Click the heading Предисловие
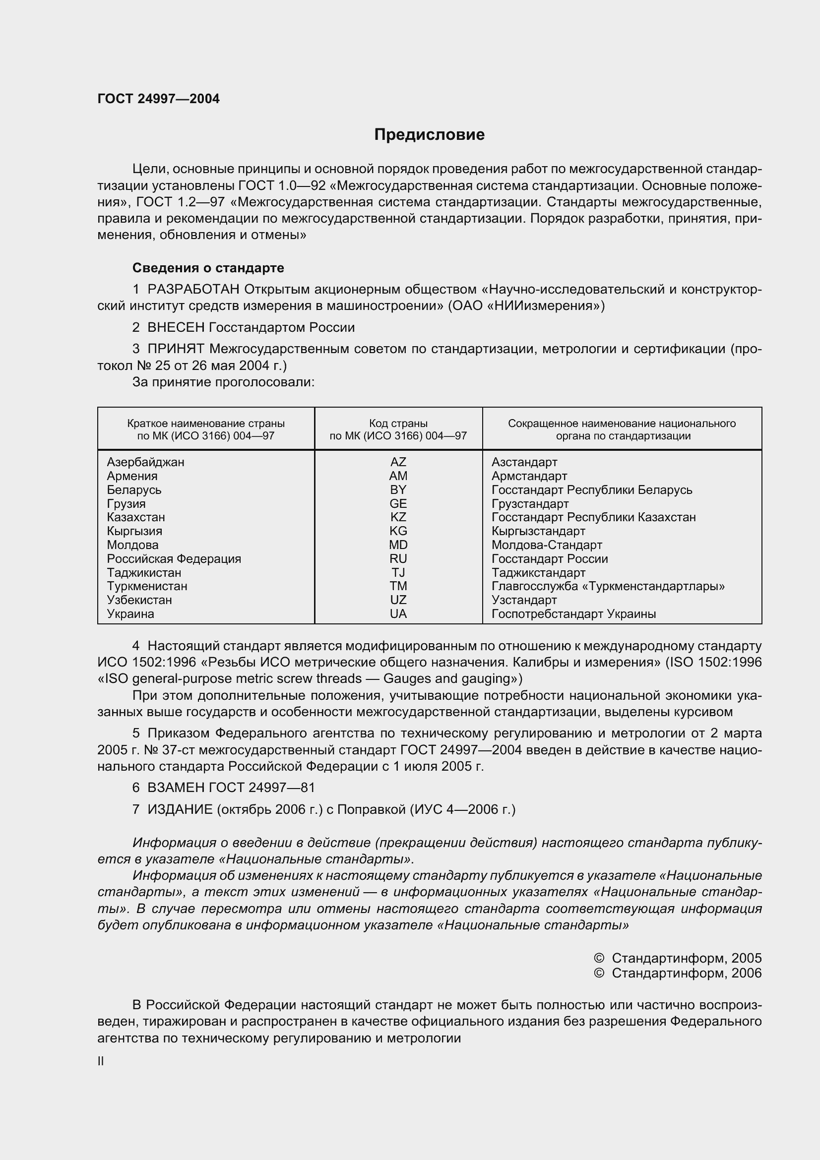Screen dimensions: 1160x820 pos(429,134)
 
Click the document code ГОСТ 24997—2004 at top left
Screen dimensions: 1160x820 pos(158,99)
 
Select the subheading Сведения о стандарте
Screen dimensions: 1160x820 pos(208,268)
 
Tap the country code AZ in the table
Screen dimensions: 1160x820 pos(398,462)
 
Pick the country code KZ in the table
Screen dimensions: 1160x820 pos(398,517)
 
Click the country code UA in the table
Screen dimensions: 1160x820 pos(398,613)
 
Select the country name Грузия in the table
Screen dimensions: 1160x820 pos(126,503)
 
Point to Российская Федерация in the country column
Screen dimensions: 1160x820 pos(174,558)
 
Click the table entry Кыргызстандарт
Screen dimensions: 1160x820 pos(538,531)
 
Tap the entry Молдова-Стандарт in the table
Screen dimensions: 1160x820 pos(547,545)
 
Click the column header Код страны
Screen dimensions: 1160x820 pos(398,424)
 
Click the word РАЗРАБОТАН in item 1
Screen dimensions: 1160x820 pos(194,290)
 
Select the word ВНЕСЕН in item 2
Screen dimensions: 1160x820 pos(176,327)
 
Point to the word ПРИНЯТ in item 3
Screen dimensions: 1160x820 pos(176,349)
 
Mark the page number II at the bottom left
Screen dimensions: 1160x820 pos(101,1061)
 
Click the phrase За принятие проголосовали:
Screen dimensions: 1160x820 pos(223,382)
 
